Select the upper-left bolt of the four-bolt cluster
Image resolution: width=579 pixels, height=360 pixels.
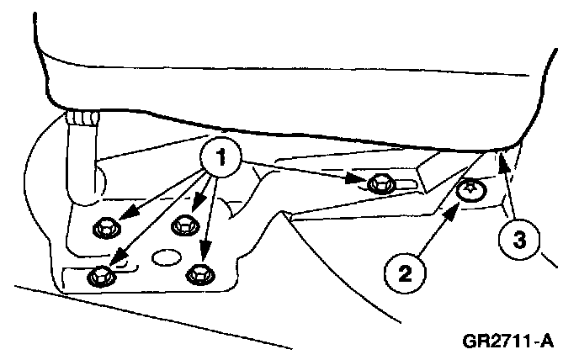(107, 225)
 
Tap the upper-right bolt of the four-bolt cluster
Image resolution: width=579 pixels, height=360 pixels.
(183, 225)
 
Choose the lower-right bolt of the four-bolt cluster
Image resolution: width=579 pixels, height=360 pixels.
(199, 273)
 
